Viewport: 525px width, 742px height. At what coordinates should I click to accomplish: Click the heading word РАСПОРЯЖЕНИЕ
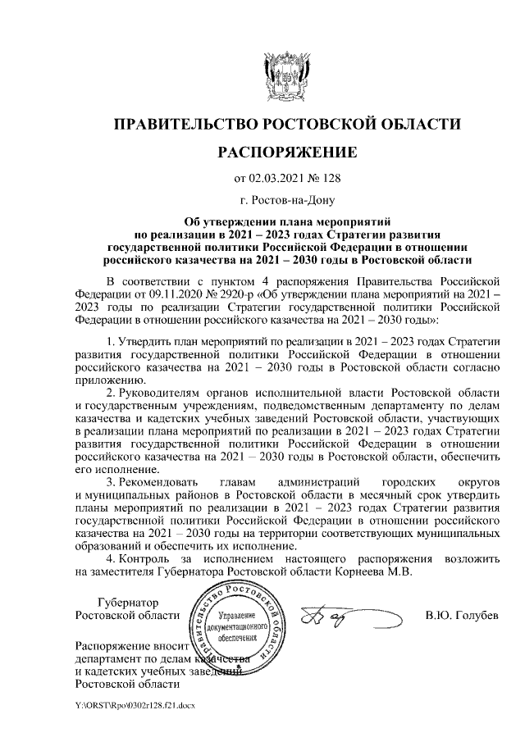click(286, 152)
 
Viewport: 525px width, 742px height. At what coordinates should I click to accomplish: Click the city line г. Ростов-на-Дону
click(286, 199)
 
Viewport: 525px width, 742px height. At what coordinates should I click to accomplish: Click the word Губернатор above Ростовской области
click(128, 603)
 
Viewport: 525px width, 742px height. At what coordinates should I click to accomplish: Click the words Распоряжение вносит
click(131, 646)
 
